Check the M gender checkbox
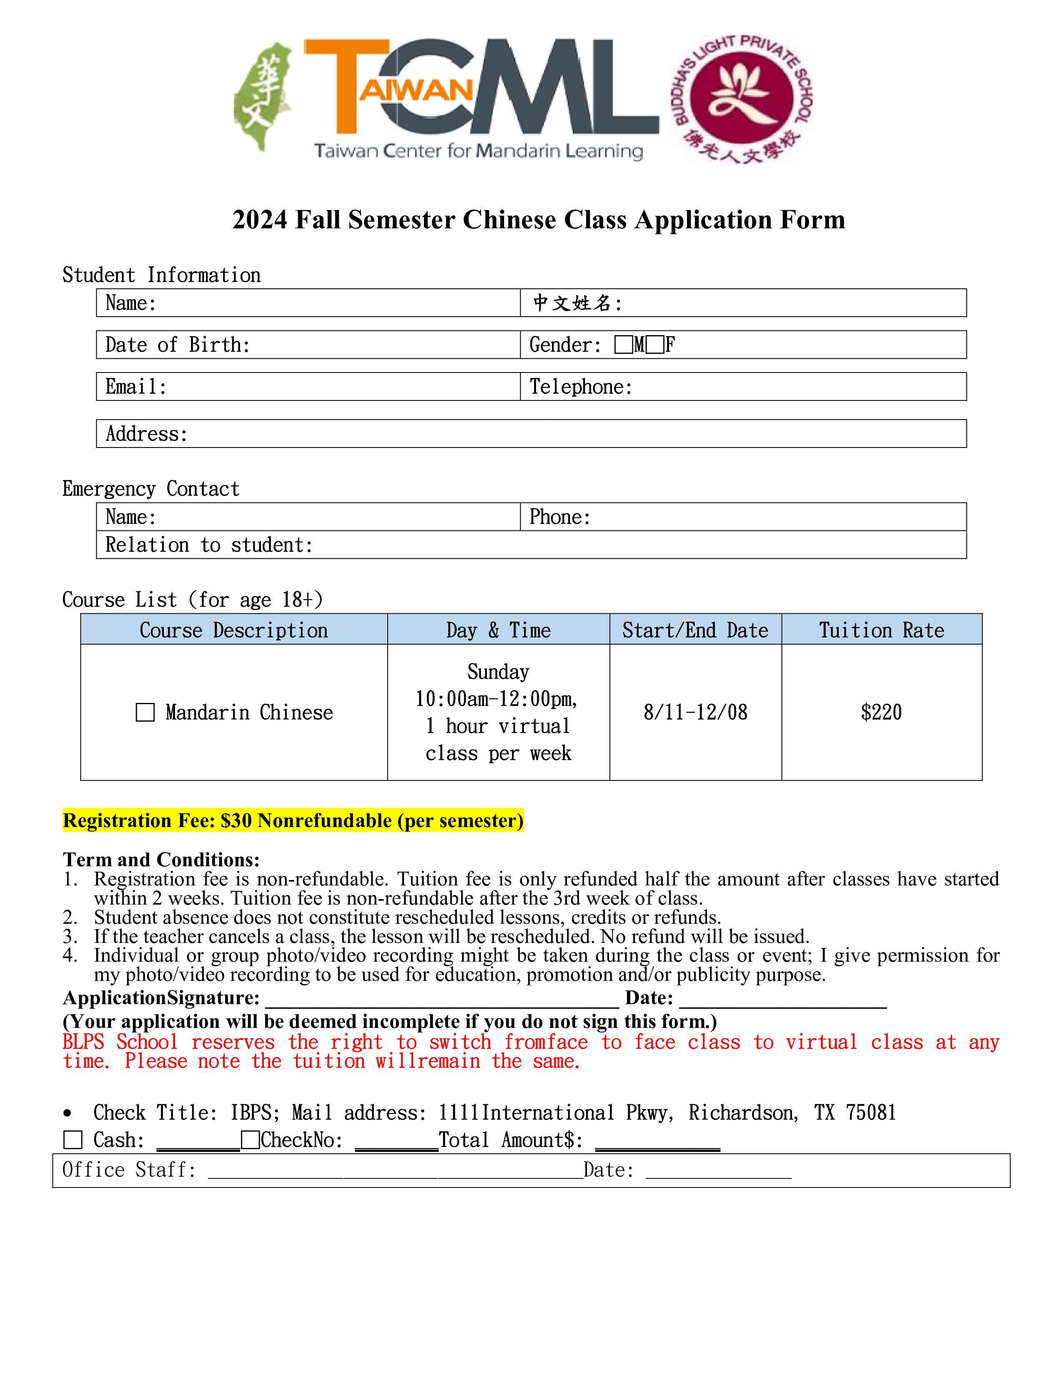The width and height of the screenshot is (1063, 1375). (624, 345)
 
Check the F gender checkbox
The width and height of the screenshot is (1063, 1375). (655, 345)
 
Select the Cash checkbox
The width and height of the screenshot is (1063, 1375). (73, 1140)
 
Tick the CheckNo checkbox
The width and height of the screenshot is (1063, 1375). (251, 1140)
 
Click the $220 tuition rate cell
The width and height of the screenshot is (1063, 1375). (881, 712)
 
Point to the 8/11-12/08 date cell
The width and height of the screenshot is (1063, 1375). (695, 712)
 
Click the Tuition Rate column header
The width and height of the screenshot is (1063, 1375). (881, 630)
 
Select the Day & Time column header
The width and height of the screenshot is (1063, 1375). (498, 630)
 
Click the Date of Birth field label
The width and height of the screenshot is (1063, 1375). (178, 345)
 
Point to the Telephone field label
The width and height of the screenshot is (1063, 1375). (580, 387)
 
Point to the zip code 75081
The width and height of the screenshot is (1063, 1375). (870, 1112)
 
